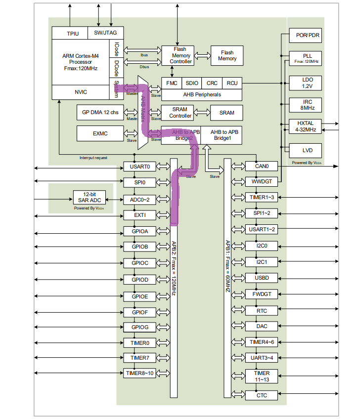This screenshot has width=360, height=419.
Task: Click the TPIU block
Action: [x=72, y=34]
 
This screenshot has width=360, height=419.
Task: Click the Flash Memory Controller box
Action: [x=180, y=55]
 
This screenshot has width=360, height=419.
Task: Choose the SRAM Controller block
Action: [x=180, y=113]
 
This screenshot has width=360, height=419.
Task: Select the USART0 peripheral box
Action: [x=139, y=167]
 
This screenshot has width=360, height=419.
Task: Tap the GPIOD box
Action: [x=139, y=280]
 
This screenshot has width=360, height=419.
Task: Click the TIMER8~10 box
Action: [x=139, y=373]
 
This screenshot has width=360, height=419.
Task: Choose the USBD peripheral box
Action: [x=262, y=278]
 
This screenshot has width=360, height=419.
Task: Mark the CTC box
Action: [x=262, y=395]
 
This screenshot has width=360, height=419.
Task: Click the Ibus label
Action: [x=144, y=55]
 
